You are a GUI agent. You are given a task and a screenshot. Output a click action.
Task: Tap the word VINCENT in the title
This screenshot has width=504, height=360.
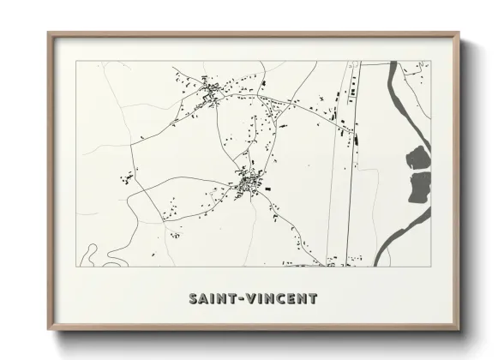pyautogui.click(x=280, y=299)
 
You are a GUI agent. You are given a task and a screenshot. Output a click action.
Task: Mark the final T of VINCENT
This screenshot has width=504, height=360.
pyautogui.click(x=313, y=299)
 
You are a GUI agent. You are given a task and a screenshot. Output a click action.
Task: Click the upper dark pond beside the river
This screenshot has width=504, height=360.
pyautogui.click(x=417, y=158)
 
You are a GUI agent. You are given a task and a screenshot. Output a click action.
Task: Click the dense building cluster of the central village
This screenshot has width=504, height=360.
pyautogui.click(x=251, y=183)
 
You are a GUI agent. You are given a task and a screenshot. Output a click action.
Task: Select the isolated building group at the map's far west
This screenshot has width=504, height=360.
pyautogui.click(x=126, y=179)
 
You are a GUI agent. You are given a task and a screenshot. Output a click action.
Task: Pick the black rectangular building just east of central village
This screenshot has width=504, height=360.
pyautogui.click(x=268, y=187)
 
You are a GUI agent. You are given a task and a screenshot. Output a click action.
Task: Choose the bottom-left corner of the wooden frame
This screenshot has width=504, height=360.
pyautogui.click(x=49, y=330)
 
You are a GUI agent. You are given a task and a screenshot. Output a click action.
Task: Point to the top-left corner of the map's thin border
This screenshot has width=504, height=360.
pyautogui.click(x=77, y=61)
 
